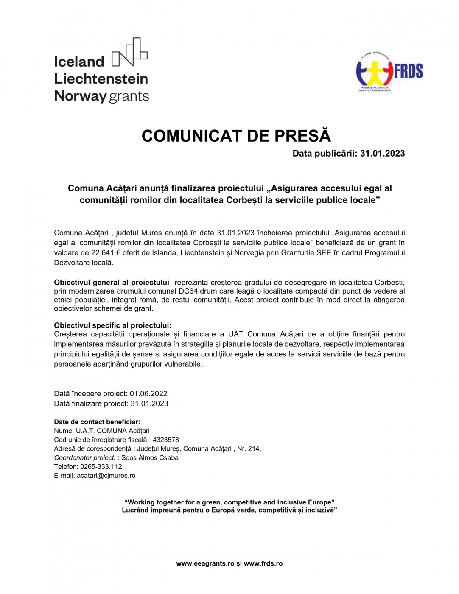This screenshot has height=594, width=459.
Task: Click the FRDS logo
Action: point(389,72)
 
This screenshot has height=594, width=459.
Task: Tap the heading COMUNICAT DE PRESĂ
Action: point(236,136)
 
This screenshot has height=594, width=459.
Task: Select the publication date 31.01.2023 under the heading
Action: point(382,154)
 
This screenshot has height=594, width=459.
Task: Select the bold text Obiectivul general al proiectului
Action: point(111,283)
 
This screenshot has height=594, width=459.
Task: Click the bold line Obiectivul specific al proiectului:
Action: point(112,325)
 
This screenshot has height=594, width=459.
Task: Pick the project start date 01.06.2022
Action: point(148,394)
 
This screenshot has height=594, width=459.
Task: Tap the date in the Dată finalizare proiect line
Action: point(149,403)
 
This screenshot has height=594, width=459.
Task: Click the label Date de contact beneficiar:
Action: point(97,422)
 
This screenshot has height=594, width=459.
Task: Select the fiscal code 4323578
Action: point(165,440)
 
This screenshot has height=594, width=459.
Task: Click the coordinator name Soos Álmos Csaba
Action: point(150,458)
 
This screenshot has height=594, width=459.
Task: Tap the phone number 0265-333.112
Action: point(101,467)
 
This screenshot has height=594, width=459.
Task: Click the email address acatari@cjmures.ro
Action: point(106,476)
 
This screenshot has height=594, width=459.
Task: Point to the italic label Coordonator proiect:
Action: point(85,458)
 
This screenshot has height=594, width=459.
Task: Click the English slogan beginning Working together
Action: point(229,502)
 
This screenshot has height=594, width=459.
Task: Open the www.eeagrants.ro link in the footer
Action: point(205,564)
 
